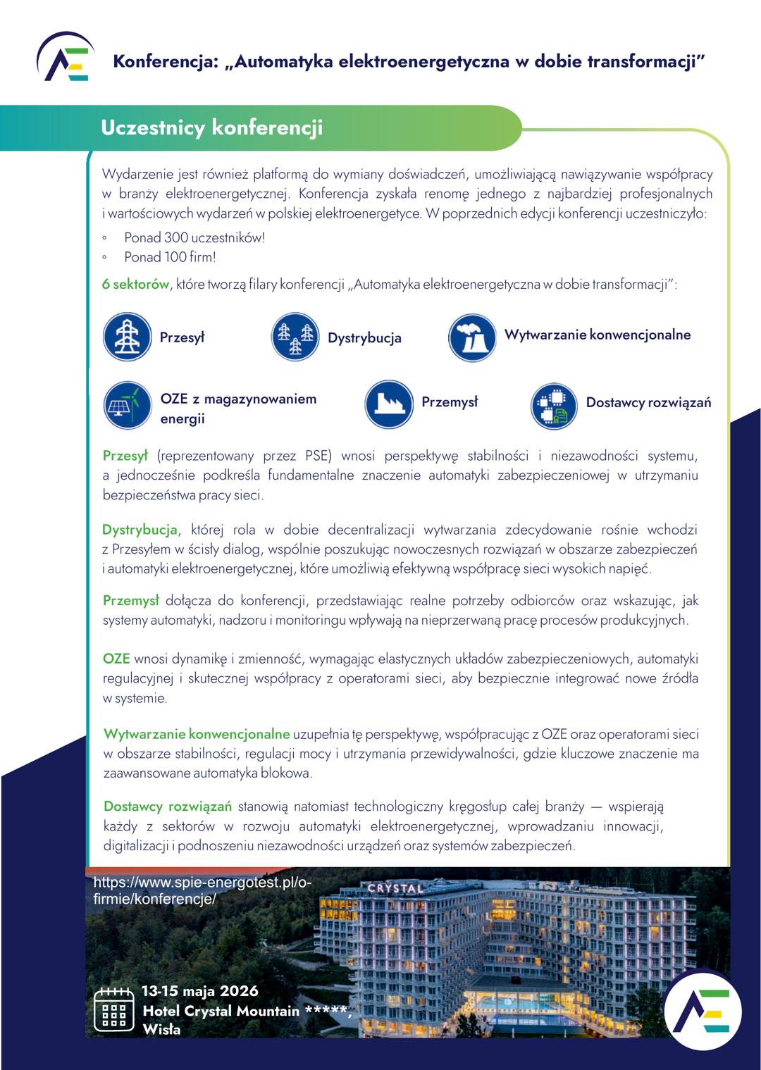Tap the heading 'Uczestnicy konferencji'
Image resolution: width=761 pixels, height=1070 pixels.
pyautogui.click(x=211, y=128)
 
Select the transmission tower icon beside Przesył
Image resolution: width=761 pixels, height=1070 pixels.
pyautogui.click(x=128, y=337)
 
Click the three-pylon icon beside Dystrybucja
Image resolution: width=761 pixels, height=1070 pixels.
pyautogui.click(x=296, y=337)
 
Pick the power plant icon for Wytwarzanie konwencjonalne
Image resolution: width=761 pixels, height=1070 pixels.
pyautogui.click(x=472, y=337)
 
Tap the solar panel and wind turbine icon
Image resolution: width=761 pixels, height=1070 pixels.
pyautogui.click(x=128, y=406)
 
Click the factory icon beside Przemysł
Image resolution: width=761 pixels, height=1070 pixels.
pyautogui.click(x=389, y=404)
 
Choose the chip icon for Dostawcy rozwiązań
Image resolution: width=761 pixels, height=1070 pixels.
pyautogui.click(x=554, y=406)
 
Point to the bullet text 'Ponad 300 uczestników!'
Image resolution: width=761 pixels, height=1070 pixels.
pyautogui.click(x=194, y=237)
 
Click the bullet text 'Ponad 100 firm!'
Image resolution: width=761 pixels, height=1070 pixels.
pyautogui.click(x=170, y=257)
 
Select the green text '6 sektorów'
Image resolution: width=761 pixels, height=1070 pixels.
pyautogui.click(x=136, y=285)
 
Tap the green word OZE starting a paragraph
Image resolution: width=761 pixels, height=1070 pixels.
pyautogui.click(x=116, y=659)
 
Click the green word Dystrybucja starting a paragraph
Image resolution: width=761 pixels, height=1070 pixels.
pyautogui.click(x=140, y=530)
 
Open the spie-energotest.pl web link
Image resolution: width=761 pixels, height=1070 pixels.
pyautogui.click(x=202, y=890)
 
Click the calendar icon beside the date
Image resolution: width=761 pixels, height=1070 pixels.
pyautogui.click(x=113, y=1009)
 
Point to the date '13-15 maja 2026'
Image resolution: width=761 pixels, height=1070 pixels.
pyautogui.click(x=200, y=990)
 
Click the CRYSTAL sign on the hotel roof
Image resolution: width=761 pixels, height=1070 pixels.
pyautogui.click(x=396, y=888)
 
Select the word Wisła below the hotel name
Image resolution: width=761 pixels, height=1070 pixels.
pyautogui.click(x=161, y=1030)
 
